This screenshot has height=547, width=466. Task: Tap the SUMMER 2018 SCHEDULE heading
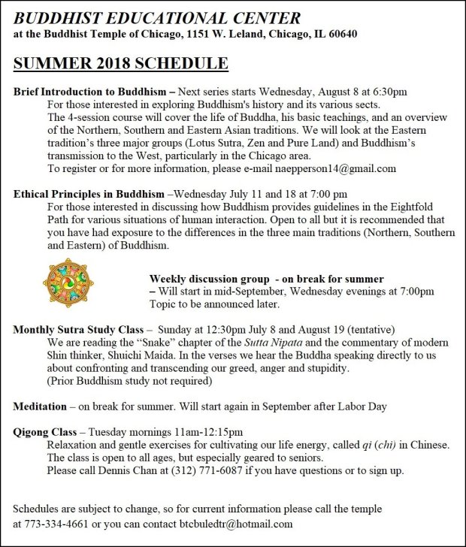[x=121, y=63]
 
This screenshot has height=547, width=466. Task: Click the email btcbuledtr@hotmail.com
[x=236, y=524]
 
